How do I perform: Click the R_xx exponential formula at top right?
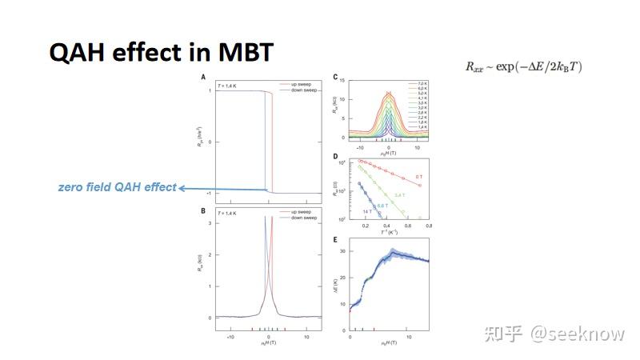click(x=524, y=67)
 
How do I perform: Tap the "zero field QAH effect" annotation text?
click(x=117, y=187)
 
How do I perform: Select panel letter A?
click(x=204, y=77)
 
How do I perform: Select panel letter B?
click(x=204, y=212)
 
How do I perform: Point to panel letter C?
click(x=336, y=77)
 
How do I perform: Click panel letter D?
click(x=336, y=157)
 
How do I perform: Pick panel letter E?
click(x=336, y=238)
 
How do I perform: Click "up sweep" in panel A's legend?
click(x=299, y=83)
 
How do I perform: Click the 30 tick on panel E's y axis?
click(x=345, y=251)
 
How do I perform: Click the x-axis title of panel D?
click(x=389, y=232)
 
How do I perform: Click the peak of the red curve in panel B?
click(x=272, y=217)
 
